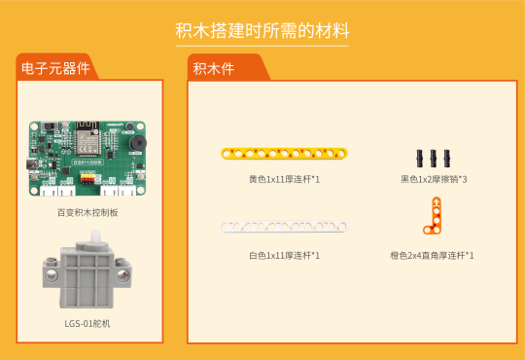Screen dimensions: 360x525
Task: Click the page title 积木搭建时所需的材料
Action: (x=262, y=31)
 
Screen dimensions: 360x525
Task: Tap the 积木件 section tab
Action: (x=213, y=68)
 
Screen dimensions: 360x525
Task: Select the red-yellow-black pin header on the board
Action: (x=87, y=181)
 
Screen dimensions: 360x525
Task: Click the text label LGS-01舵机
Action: (x=87, y=323)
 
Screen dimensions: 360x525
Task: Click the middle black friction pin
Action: (x=434, y=157)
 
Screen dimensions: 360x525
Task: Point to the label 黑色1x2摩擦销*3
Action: (x=434, y=179)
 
